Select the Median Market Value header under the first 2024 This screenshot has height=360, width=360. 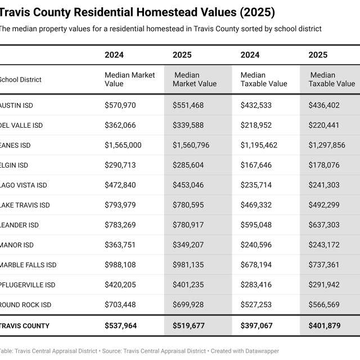pyautogui.click(x=129, y=79)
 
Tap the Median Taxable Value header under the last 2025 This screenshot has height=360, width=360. pyautogui.click(x=332, y=79)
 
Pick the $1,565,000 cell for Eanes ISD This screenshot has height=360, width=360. pyautogui.click(x=123, y=145)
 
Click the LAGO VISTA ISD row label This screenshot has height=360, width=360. pyautogui.click(x=24, y=185)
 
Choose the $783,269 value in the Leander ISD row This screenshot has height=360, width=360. pyautogui.click(x=120, y=225)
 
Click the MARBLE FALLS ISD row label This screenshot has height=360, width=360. pyautogui.click(x=28, y=265)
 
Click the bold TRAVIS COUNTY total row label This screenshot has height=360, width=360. pyautogui.click(x=25, y=326)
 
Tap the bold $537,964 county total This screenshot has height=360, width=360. pyautogui.click(x=120, y=326)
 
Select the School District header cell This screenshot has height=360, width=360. pyautogui.click(x=21, y=80)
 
